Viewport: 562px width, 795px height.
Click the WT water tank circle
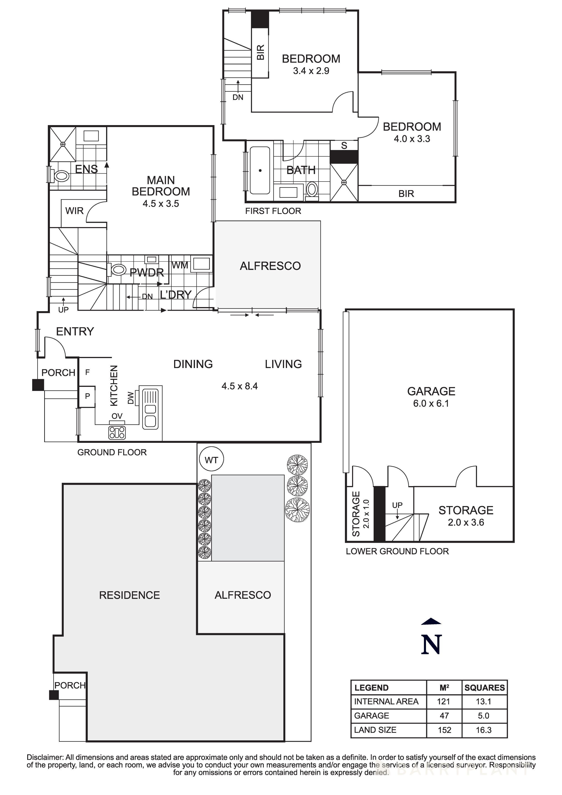click(211, 460)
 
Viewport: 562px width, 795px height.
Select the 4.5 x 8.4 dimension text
click(240, 386)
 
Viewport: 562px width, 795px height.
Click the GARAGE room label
click(431, 391)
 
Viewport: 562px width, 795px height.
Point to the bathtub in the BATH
click(260, 170)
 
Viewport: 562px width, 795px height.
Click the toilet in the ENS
click(61, 176)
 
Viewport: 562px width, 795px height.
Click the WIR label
click(74, 211)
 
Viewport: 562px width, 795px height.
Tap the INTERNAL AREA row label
click(386, 701)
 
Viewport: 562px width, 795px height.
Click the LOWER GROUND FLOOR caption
click(397, 551)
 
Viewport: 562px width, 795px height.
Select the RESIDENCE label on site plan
click(129, 595)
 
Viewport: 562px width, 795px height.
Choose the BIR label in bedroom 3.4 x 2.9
click(260, 52)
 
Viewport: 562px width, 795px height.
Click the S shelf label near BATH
click(344, 145)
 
